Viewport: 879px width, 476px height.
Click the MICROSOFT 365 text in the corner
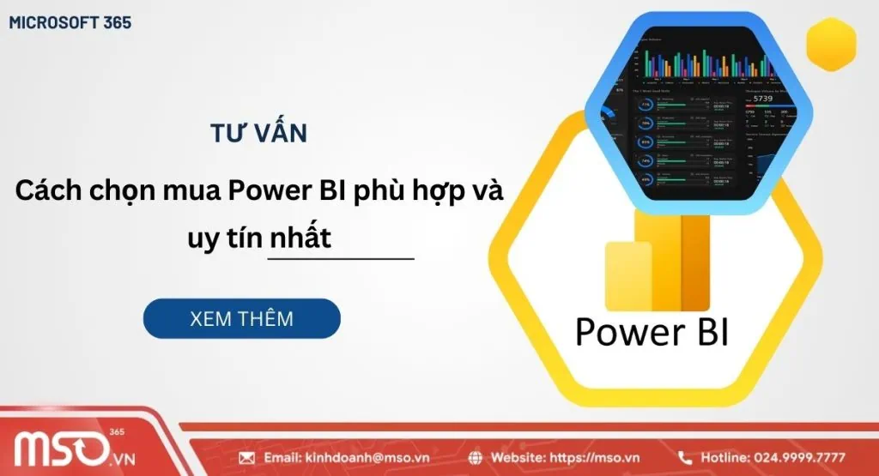click(x=70, y=22)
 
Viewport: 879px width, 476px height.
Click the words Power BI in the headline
click(x=287, y=191)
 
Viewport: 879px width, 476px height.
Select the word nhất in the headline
click(x=300, y=238)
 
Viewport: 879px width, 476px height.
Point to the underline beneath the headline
click(x=341, y=257)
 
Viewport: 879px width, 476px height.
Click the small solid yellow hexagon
click(x=832, y=45)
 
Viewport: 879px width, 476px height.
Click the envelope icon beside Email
click(x=246, y=458)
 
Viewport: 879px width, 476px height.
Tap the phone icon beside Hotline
click(x=685, y=458)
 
